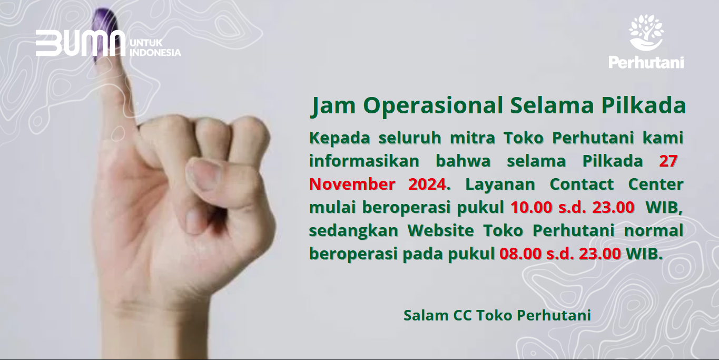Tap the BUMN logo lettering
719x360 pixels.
click(x=81, y=43)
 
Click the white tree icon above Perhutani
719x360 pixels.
click(x=646, y=33)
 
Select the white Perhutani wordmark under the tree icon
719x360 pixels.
click(x=646, y=62)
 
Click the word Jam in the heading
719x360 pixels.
click(x=333, y=105)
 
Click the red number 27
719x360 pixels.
click(x=668, y=161)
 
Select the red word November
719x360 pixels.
click(x=352, y=184)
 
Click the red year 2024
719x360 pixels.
click(x=427, y=184)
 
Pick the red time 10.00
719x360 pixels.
click(x=531, y=207)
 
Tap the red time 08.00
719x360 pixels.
click(x=520, y=254)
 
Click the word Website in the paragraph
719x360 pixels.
click(x=441, y=230)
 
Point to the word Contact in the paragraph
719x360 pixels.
click(x=582, y=184)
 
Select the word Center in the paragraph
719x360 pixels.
click(x=656, y=184)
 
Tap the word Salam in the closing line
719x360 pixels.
click(x=426, y=315)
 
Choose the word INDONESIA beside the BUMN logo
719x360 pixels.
click(x=155, y=52)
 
